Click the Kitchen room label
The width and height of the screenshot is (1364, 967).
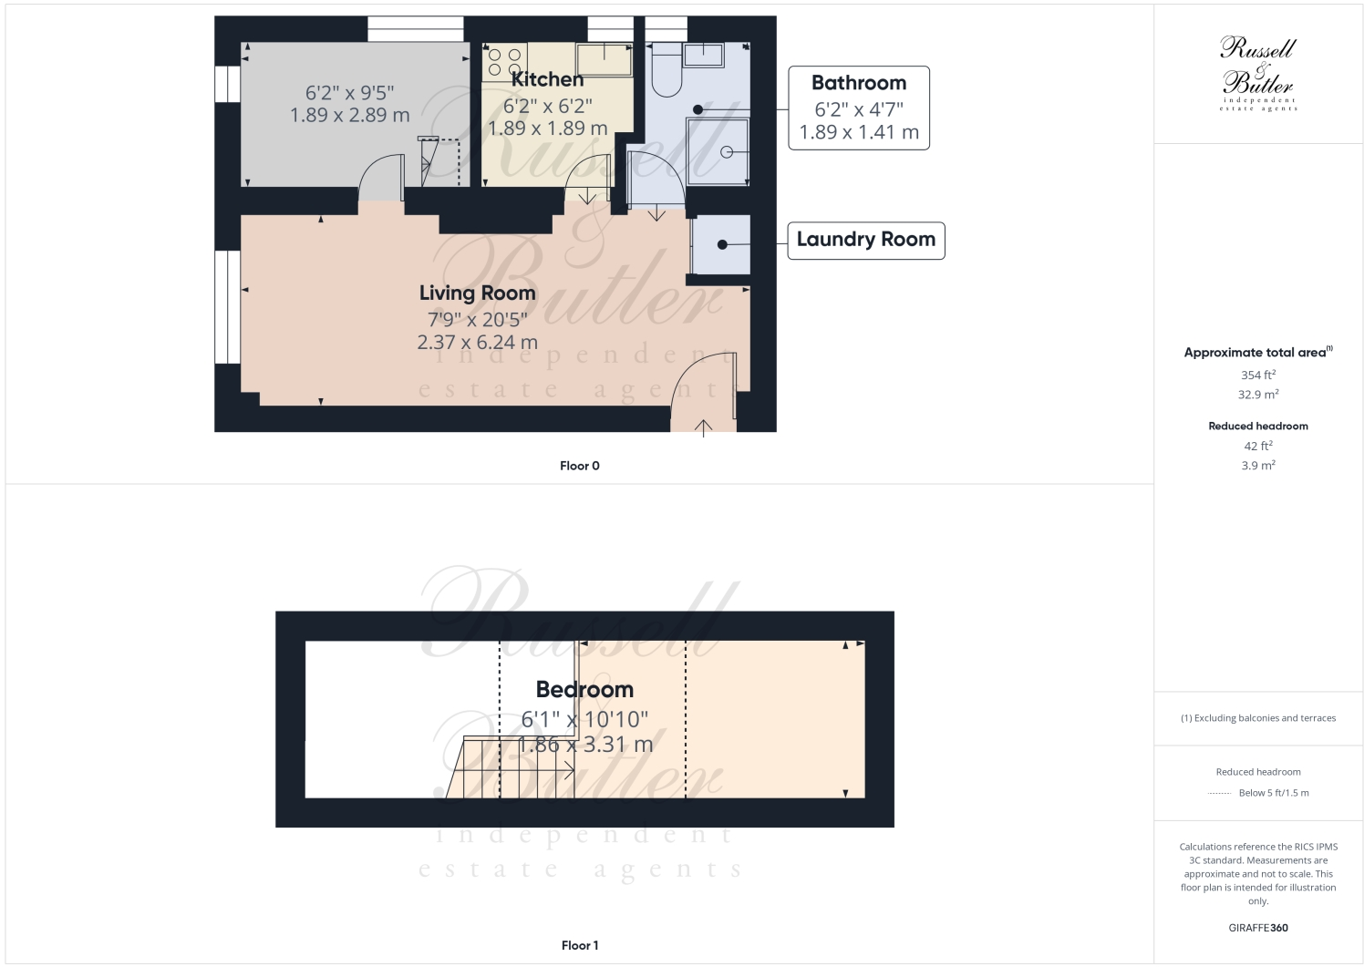pyautogui.click(x=547, y=80)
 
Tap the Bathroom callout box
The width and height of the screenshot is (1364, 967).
pyautogui.click(x=858, y=108)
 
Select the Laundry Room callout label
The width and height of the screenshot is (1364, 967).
pyautogui.click(x=865, y=240)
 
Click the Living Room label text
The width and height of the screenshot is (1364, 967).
pyautogui.click(x=477, y=293)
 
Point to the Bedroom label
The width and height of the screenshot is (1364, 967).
pyautogui.click(x=584, y=690)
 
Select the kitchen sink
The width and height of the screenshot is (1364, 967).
pyautogui.click(x=604, y=59)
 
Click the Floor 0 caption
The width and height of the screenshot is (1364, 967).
pyautogui.click(x=579, y=466)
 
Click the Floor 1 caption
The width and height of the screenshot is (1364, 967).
pyautogui.click(x=579, y=945)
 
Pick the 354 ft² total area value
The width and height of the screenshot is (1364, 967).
pyautogui.click(x=1257, y=375)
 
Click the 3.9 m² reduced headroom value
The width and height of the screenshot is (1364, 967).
pyautogui.click(x=1257, y=466)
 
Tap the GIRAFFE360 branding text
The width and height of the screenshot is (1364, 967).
pyautogui.click(x=1257, y=928)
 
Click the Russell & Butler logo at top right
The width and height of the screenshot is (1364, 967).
pyautogui.click(x=1257, y=73)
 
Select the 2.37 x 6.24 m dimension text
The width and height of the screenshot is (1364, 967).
pyautogui.click(x=477, y=343)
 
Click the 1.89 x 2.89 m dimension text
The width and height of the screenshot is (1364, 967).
pyautogui.click(x=349, y=116)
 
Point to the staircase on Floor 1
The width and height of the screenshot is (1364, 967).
pyautogui.click(x=511, y=768)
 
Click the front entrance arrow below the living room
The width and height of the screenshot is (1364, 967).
pyautogui.click(x=703, y=427)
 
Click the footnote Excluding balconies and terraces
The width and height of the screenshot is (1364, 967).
pyautogui.click(x=1257, y=718)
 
